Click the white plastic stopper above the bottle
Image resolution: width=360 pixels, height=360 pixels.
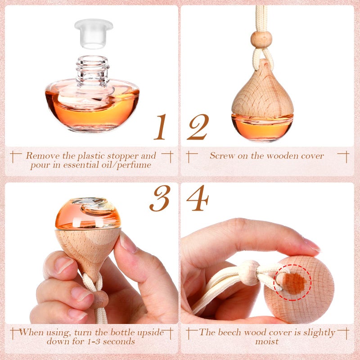tap(94, 33)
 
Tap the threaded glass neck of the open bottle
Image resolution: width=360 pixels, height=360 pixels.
tap(92, 69)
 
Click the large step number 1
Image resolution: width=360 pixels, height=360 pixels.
tap(160, 127)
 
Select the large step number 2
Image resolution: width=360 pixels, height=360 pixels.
tap(198, 127)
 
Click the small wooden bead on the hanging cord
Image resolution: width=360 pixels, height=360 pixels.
tap(261, 40)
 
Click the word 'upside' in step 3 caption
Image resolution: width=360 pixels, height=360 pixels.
tap(149, 333)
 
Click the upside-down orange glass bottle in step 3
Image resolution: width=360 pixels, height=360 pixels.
tap(88, 213)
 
